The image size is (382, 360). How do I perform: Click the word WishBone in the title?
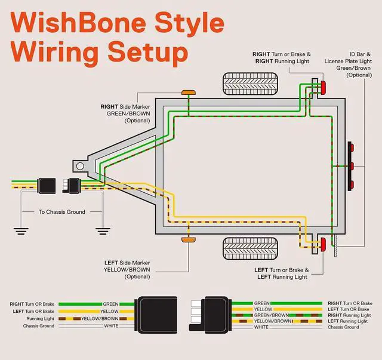[x=78, y=23]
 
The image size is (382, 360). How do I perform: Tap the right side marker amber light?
[x=189, y=93]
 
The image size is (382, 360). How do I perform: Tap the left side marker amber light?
[x=189, y=240]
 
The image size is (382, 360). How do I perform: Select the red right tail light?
[x=324, y=88]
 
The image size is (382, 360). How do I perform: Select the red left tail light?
[x=324, y=244]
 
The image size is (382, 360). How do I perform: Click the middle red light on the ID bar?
[x=352, y=166]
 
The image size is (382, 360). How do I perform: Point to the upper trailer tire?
[x=250, y=84]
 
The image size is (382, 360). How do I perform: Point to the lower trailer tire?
[x=250, y=248]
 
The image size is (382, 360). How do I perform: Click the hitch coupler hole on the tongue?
[x=80, y=167]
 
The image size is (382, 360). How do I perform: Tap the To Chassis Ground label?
[x=62, y=212]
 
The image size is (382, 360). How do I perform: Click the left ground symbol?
[x=21, y=231]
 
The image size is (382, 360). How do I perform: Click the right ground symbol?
[x=103, y=231]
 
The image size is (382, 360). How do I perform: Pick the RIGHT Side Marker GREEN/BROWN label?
[x=125, y=113]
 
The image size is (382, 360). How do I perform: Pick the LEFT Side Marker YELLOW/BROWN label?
[x=127, y=270]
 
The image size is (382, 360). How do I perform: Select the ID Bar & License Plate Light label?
[x=348, y=64]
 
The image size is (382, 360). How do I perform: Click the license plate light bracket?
[x=336, y=246]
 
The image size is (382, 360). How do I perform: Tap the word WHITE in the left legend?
[x=111, y=326]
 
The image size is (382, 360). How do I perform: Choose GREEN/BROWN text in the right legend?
[x=271, y=315]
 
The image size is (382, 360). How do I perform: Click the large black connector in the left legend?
[x=156, y=315]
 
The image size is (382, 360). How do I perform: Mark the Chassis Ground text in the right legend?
[x=343, y=327]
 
